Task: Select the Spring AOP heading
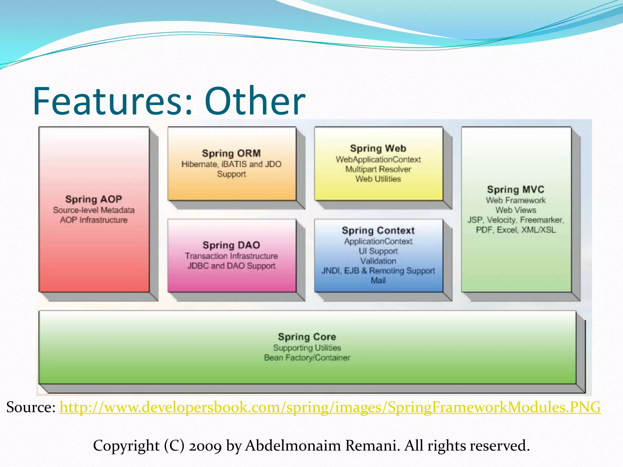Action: (x=93, y=199)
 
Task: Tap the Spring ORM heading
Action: (x=231, y=153)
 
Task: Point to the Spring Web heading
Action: (x=378, y=148)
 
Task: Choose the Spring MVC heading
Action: (x=515, y=189)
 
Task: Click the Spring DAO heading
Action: (x=231, y=245)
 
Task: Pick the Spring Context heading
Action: (x=378, y=230)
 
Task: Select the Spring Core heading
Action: (x=307, y=337)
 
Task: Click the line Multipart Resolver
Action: (x=378, y=169)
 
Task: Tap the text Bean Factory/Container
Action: (x=307, y=358)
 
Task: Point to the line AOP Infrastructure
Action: (x=93, y=220)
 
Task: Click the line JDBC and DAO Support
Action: (x=231, y=266)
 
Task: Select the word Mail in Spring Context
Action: (x=378, y=280)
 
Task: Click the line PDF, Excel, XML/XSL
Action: (x=515, y=230)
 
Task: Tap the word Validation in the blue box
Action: (x=378, y=261)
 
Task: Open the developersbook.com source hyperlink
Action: (x=330, y=407)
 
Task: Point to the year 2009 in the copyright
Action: (x=205, y=446)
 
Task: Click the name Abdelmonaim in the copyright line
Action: (x=293, y=446)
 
